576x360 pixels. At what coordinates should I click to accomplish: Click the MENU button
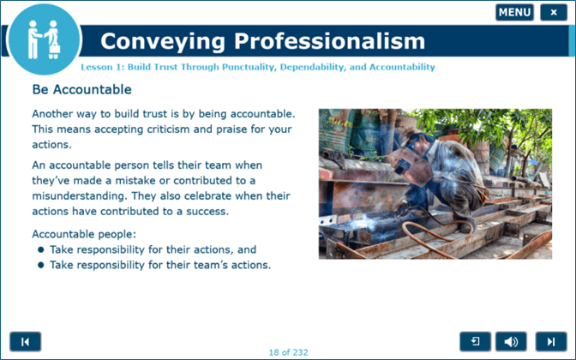pyautogui.click(x=514, y=12)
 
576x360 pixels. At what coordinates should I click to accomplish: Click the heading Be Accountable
pyautogui.click(x=81, y=89)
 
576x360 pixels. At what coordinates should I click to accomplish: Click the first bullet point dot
pyautogui.click(x=40, y=249)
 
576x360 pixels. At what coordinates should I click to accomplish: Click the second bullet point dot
pyautogui.click(x=40, y=265)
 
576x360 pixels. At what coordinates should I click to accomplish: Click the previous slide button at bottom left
pyautogui.click(x=25, y=341)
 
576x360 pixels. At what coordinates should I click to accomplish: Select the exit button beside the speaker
pyautogui.click(x=475, y=341)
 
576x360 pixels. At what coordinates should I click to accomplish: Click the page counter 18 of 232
pyautogui.click(x=288, y=351)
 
